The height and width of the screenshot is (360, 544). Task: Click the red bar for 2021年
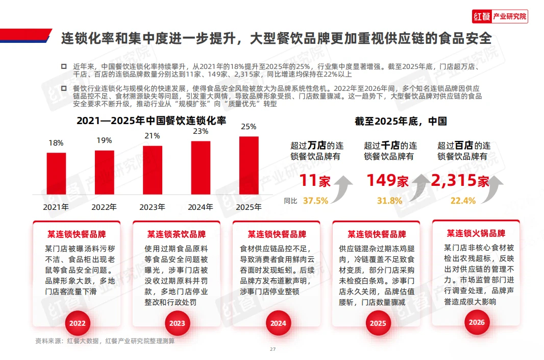click(56, 173)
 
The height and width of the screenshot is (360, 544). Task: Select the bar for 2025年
click(249, 165)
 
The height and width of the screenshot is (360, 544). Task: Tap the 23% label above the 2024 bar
click(201, 131)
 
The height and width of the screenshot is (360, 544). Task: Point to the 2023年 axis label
click(153, 207)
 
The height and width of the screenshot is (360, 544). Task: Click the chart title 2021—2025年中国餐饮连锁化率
click(151, 121)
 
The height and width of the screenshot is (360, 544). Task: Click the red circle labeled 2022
click(78, 323)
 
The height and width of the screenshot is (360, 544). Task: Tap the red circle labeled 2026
click(477, 322)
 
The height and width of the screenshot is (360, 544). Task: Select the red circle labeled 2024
click(278, 323)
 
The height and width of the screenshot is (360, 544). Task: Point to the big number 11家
click(315, 180)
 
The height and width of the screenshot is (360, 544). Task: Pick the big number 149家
click(388, 180)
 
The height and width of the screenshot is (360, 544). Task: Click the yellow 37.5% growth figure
click(315, 201)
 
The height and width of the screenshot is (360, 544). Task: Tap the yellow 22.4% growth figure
click(463, 201)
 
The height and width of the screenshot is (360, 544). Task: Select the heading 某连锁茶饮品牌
click(177, 234)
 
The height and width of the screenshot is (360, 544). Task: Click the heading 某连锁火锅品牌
click(476, 233)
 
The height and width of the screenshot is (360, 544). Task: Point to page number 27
click(273, 349)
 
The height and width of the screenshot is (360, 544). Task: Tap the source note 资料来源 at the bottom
click(105, 341)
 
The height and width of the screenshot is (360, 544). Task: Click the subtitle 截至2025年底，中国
click(401, 122)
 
